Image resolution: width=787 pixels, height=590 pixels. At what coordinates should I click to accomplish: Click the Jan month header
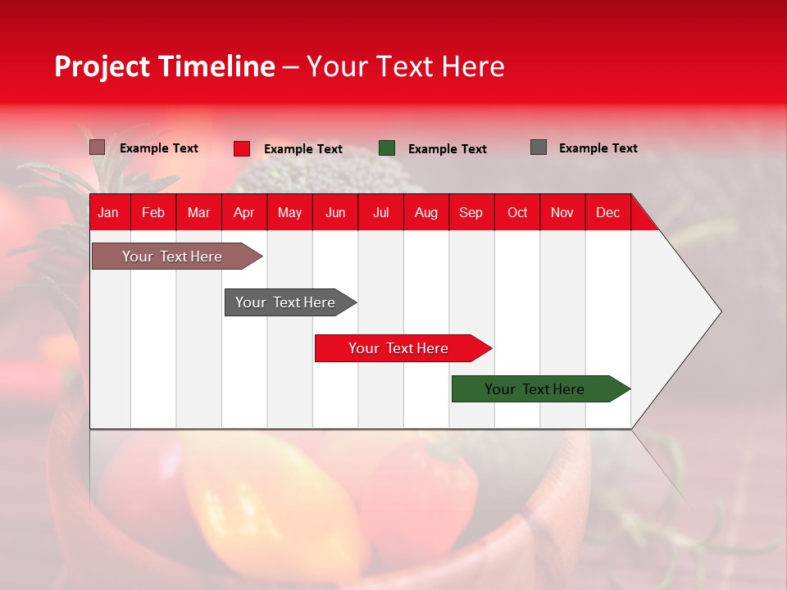tap(109, 212)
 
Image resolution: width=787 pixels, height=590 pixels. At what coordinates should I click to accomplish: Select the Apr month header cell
tap(244, 212)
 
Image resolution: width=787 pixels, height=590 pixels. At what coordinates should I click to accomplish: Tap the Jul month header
tap(380, 212)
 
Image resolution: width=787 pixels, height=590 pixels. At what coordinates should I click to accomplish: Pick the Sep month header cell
tap(471, 212)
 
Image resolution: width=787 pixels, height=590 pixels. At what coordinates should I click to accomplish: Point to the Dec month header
tap(607, 212)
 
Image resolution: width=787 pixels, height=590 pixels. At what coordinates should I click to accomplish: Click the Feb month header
tap(153, 212)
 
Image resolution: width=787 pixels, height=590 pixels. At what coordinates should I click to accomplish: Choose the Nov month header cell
tap(562, 212)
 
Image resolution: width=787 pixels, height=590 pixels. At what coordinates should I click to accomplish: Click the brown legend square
tap(98, 147)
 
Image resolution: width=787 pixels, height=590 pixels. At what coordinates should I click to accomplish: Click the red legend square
tap(242, 148)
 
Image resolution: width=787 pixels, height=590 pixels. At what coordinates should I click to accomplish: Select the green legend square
tap(387, 148)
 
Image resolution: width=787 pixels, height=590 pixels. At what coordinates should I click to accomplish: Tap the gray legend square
tap(539, 147)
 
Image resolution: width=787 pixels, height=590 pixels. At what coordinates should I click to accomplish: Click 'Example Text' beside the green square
tap(448, 149)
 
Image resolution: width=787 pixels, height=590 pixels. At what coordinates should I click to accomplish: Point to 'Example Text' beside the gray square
tap(598, 148)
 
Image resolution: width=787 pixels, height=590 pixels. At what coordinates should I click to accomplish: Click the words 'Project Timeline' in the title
tap(165, 66)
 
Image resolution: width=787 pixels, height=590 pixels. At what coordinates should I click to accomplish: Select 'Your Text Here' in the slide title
tap(406, 66)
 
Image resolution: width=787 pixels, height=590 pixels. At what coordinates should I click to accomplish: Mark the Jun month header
tap(335, 212)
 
